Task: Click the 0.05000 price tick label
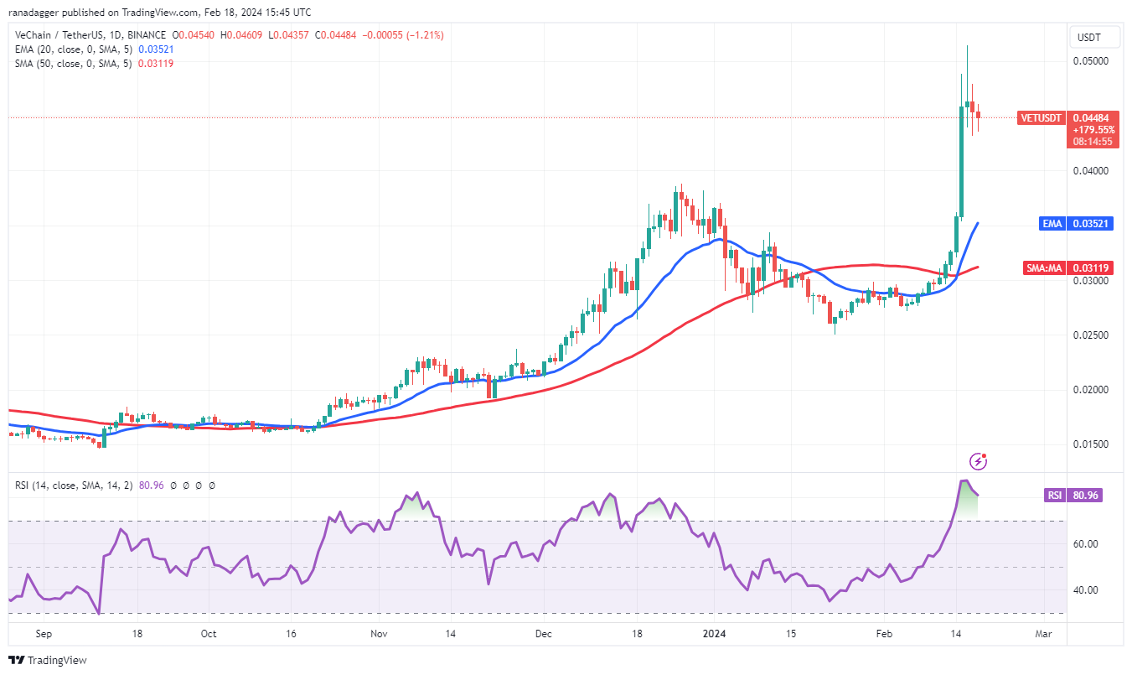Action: (1092, 61)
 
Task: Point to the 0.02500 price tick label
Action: (1092, 335)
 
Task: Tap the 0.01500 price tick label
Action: (1092, 444)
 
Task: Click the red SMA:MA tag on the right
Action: (1044, 268)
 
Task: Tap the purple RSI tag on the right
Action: (1054, 496)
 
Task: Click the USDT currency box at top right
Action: (1089, 38)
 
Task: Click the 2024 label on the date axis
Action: (714, 634)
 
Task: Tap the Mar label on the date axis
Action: (1043, 634)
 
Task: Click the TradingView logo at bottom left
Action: (49, 660)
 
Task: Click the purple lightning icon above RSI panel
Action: (978, 461)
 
